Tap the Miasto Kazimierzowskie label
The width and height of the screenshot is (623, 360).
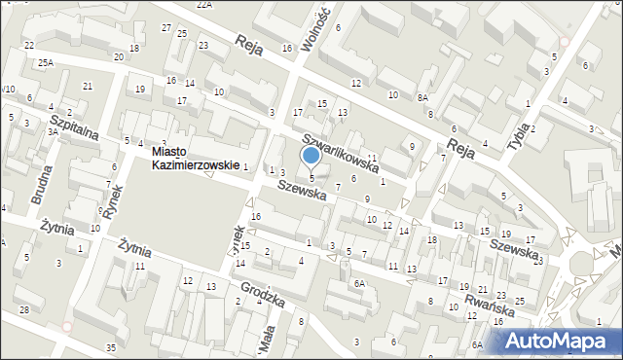(195, 159)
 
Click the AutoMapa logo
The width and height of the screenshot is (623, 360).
(560, 341)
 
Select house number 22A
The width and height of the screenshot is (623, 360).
(203, 5)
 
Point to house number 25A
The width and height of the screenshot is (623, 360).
(45, 62)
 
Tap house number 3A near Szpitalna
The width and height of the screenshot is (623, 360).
(53, 131)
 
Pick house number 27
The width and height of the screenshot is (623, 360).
(166, 27)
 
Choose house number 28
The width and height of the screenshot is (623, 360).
(23, 309)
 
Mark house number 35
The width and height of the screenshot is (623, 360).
(111, 347)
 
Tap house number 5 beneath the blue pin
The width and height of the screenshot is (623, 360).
(311, 178)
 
